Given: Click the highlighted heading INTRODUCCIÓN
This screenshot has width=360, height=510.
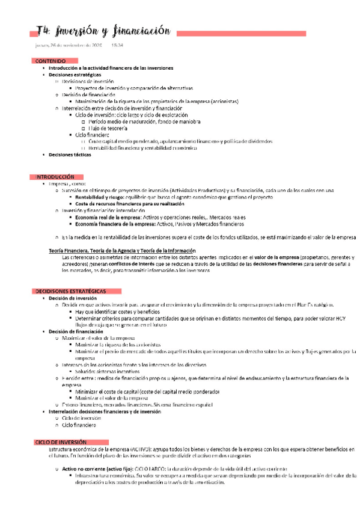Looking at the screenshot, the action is pos(55,177).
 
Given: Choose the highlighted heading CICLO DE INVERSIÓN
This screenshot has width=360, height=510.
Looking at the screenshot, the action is pos(60,442).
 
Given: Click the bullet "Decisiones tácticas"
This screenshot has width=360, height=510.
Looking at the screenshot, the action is pos(70,155).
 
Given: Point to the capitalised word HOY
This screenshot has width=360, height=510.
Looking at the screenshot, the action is pos(341,318).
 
